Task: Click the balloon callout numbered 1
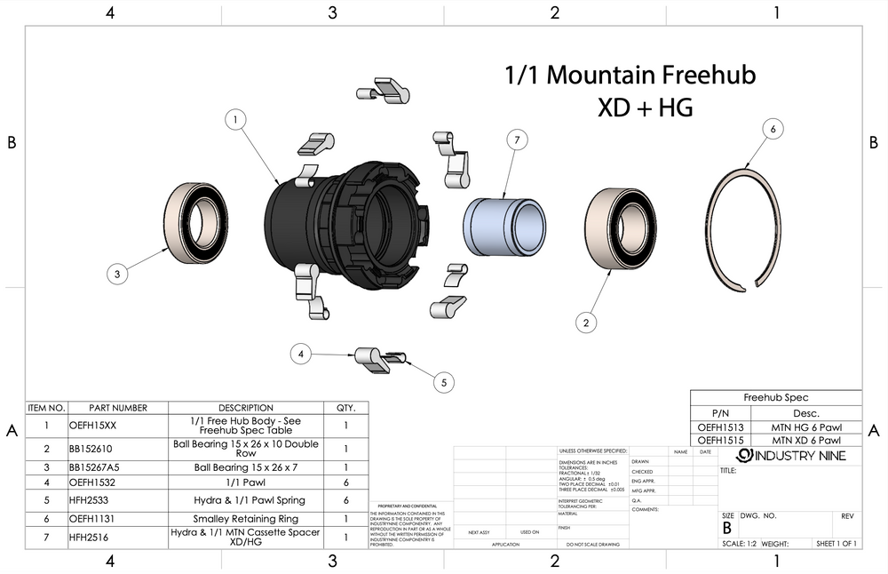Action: [x=235, y=119]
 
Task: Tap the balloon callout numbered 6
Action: [x=773, y=130]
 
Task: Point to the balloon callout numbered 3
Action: [x=117, y=275]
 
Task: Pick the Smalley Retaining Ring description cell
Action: [x=245, y=519]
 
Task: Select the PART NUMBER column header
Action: [x=117, y=408]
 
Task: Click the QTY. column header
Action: [x=345, y=408]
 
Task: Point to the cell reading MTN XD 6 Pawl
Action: [x=805, y=440]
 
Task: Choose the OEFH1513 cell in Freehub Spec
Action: [x=720, y=427]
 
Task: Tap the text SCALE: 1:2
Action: [x=738, y=544]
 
